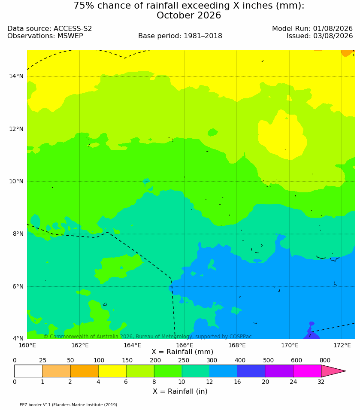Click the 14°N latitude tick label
click(x=16, y=76)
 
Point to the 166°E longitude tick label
click(x=185, y=346)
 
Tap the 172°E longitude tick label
click(x=342, y=346)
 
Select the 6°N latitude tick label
click(x=18, y=287)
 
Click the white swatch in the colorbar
click(x=28, y=371)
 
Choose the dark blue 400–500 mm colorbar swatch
click(x=251, y=371)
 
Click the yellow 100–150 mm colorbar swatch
click(x=112, y=371)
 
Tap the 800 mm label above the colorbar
click(x=325, y=360)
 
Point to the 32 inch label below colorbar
click(x=321, y=382)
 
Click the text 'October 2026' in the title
click(x=189, y=15)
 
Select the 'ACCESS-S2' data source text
click(x=73, y=28)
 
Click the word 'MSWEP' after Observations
click(x=70, y=36)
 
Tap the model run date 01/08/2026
click(x=333, y=28)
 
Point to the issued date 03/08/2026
click(x=333, y=36)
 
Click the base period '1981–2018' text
click(x=203, y=36)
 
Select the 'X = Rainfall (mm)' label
click(x=182, y=352)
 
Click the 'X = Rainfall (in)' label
click(x=180, y=392)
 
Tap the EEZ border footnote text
click(x=62, y=405)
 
